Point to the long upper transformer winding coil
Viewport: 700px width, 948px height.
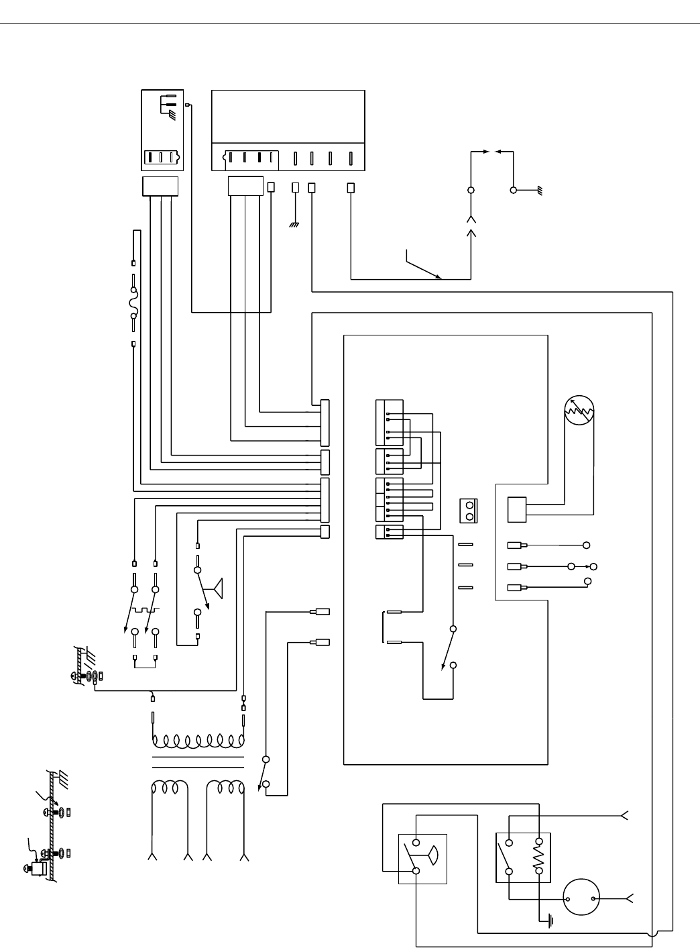pos(198,741)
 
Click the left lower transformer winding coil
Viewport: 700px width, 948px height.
pos(169,786)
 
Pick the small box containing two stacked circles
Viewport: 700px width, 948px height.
pos(470,511)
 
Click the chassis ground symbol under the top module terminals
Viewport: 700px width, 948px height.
pos(294,225)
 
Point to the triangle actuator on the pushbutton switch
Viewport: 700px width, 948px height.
pos(217,588)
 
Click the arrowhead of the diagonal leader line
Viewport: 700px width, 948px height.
pos(439,276)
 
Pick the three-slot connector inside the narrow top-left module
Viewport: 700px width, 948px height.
pos(162,158)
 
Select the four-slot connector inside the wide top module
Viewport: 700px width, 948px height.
pos(250,158)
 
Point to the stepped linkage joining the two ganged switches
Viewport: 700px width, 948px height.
pos(145,611)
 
